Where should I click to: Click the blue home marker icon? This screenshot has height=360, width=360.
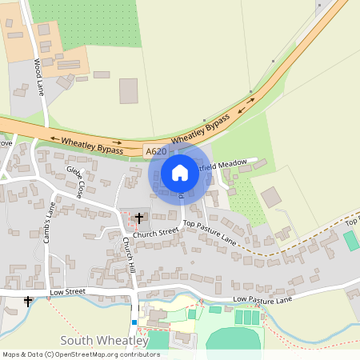click(180, 173)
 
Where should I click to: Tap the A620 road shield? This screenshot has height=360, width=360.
click(157, 151)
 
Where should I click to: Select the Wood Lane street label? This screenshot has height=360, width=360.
click(38, 77)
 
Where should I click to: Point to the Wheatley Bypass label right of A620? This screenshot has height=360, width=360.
click(201, 129)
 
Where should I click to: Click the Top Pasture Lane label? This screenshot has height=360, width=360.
click(210, 231)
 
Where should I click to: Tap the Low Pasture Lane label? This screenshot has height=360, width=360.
click(264, 299)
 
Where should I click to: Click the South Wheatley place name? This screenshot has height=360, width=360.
click(105, 341)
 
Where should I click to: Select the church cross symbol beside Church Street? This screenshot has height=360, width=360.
click(139, 218)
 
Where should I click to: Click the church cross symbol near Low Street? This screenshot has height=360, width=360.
click(29, 302)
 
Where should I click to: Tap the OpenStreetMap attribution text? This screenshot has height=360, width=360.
click(81, 354)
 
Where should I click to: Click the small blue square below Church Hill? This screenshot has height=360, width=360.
click(135, 322)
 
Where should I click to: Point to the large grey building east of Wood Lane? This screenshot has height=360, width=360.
click(129, 91)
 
